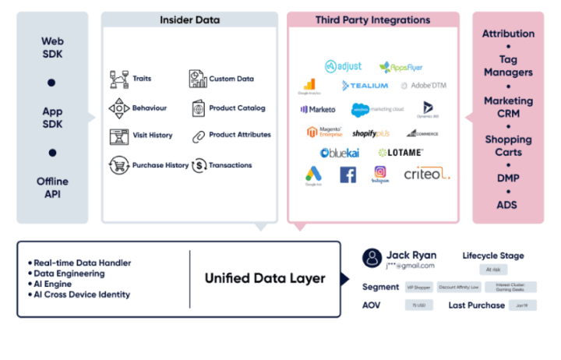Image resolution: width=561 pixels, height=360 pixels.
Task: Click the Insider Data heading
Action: point(189,19)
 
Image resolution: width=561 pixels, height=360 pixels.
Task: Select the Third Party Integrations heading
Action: point(373,19)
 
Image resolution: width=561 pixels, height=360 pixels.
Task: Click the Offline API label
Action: point(51,188)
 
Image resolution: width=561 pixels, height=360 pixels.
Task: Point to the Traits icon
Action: point(118,79)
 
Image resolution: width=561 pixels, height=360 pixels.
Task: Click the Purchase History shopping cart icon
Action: point(118,165)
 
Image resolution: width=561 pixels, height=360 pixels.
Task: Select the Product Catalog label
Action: point(237,108)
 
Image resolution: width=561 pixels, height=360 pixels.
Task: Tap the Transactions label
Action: point(230,165)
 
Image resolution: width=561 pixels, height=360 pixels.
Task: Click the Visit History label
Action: point(152,135)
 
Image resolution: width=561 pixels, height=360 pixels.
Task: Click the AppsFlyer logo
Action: point(400,67)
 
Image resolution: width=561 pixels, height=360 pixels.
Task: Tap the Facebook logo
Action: point(348,175)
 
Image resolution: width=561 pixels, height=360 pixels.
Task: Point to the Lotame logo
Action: point(400,153)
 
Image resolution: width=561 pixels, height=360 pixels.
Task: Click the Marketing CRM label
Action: point(508,107)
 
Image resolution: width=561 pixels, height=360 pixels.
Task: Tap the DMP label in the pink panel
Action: point(508,178)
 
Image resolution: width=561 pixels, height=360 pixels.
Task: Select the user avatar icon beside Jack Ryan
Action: point(373,257)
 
